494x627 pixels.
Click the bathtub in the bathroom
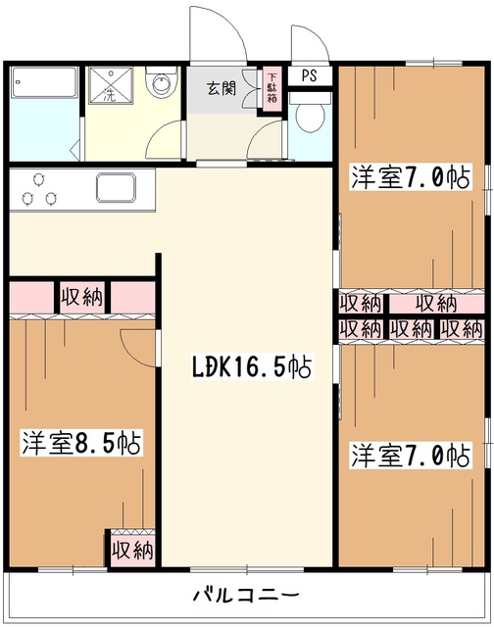click(45, 83)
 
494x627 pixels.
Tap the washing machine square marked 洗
click(105, 85)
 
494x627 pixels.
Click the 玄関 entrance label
click(221, 86)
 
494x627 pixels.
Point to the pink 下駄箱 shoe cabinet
click(272, 87)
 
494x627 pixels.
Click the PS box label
click(309, 74)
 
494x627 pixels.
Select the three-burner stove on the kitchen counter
click(37, 189)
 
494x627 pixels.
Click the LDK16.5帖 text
click(251, 368)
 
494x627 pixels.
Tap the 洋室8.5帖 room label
click(81, 444)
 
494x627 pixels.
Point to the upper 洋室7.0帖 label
click(410, 177)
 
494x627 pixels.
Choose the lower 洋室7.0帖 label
click(410, 455)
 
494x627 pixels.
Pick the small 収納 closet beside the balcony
click(131, 549)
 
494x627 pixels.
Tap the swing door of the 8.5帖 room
click(139, 345)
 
